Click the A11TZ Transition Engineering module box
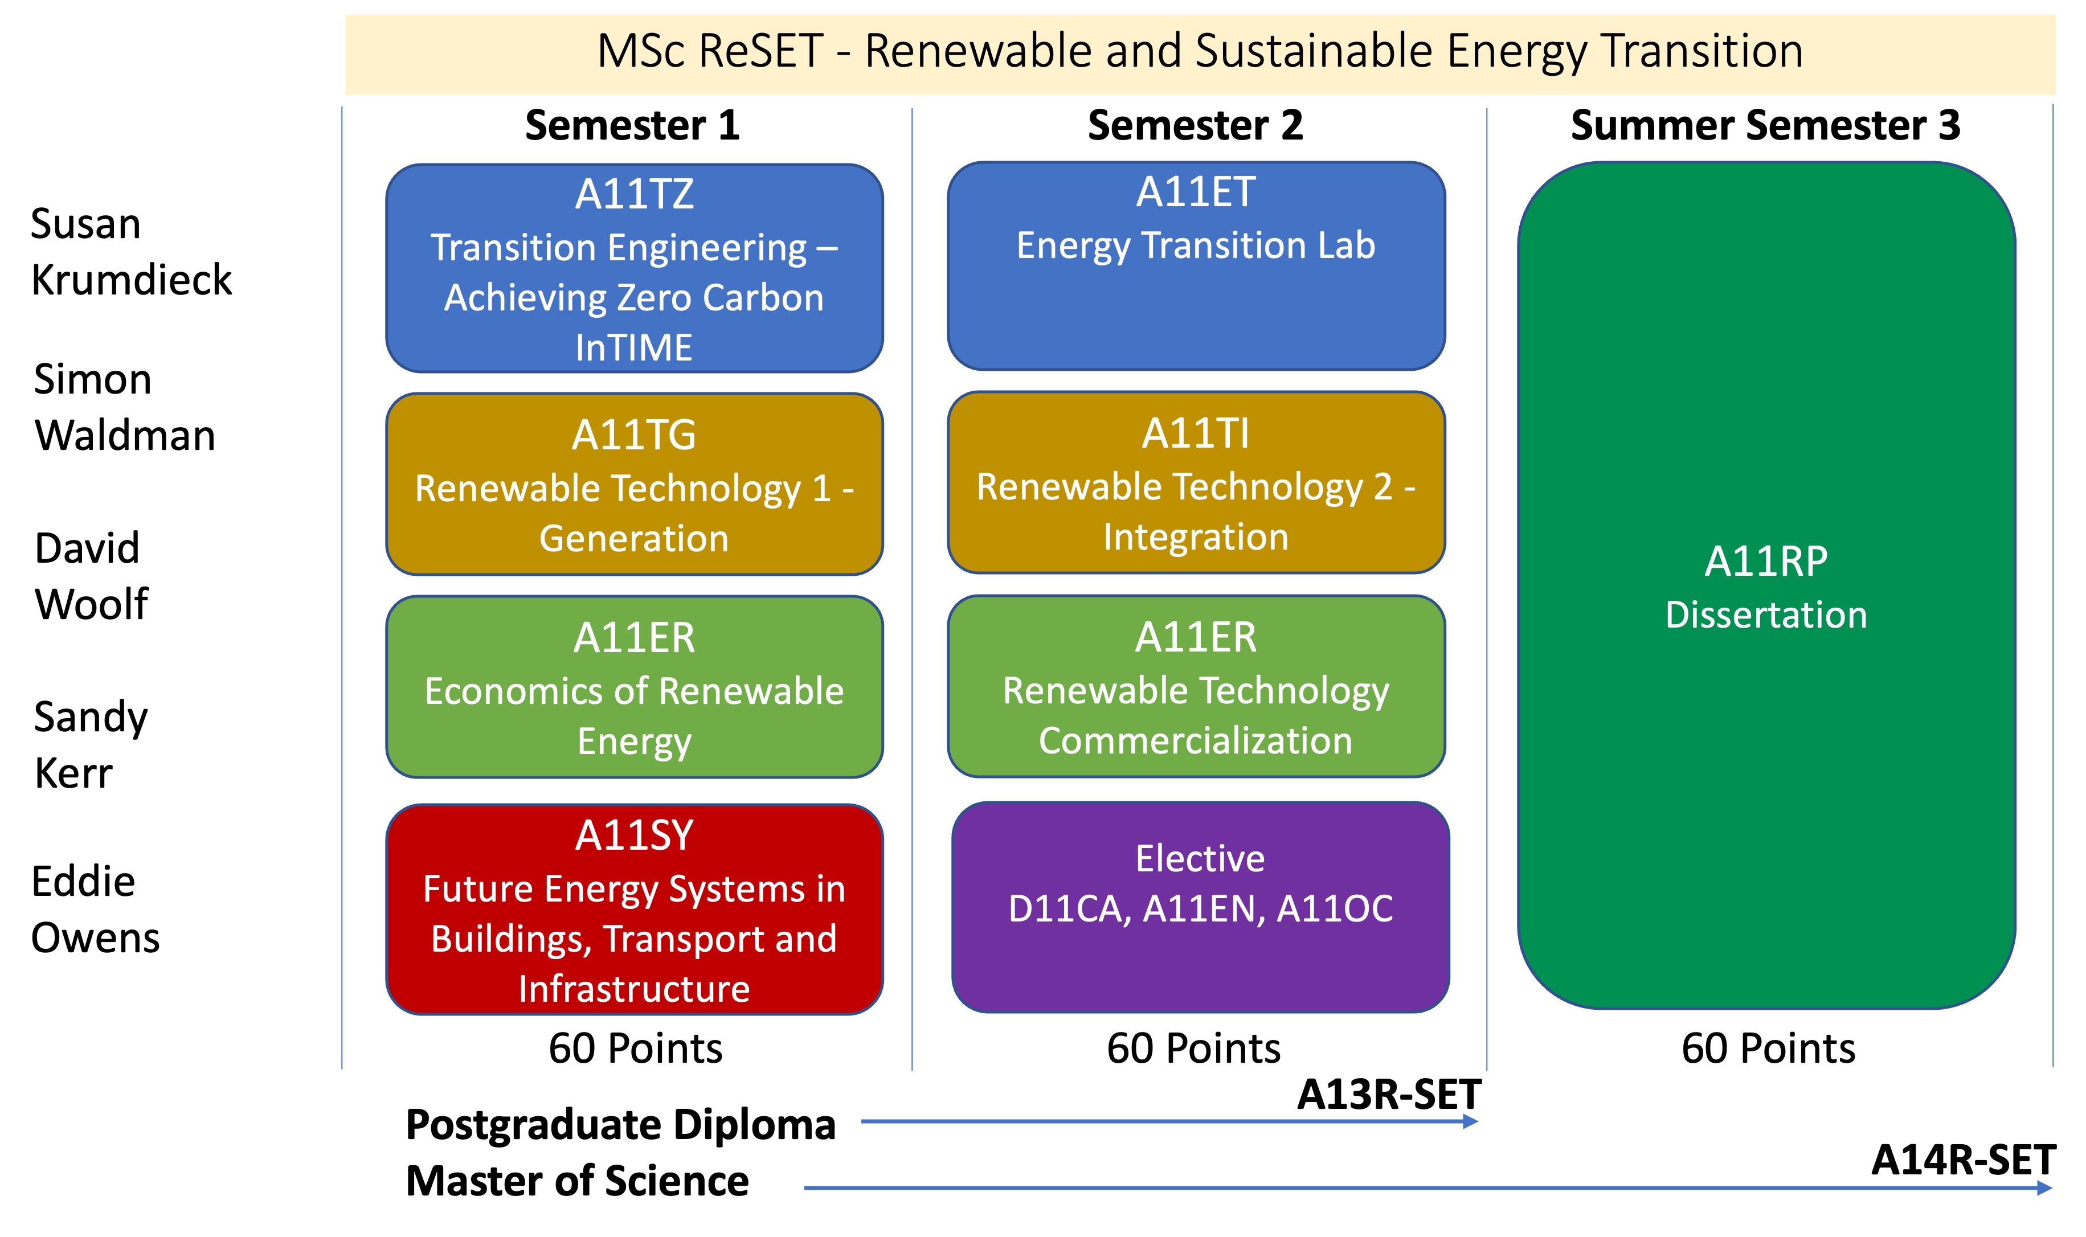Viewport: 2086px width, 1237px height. (635, 268)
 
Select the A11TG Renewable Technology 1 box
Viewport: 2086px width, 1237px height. (635, 484)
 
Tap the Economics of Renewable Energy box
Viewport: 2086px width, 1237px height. (635, 687)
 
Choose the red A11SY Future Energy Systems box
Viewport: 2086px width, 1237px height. (635, 910)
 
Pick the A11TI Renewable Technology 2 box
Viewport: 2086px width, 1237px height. (1196, 482)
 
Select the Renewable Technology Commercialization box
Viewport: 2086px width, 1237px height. (1196, 686)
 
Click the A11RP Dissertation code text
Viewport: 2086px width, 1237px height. (1766, 561)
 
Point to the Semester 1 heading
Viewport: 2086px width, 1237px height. (633, 125)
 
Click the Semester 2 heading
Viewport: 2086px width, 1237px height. (1196, 125)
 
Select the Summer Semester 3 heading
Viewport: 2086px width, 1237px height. (1766, 125)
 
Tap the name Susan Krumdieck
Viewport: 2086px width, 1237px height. (131, 252)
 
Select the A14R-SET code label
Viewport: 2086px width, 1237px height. (1964, 1160)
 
